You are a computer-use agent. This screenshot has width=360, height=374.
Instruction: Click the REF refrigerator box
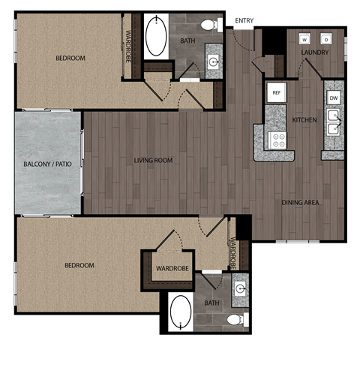(x=276, y=93)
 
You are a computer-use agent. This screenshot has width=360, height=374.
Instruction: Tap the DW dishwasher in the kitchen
(x=334, y=98)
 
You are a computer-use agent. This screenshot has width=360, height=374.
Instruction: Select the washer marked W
(x=305, y=39)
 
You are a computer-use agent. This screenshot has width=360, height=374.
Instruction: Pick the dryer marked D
(x=326, y=39)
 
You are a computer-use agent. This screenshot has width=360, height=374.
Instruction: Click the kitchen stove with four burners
(x=277, y=139)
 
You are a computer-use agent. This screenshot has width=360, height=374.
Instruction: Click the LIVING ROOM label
(x=153, y=160)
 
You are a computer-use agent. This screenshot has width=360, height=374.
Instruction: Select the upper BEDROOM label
(x=70, y=58)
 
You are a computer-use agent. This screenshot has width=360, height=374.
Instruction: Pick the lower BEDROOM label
(x=79, y=265)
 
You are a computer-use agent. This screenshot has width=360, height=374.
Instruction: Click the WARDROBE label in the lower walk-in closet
(x=171, y=268)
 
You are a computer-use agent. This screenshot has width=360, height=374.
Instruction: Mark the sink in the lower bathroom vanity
(x=240, y=289)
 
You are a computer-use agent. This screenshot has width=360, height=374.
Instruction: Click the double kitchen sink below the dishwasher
(x=334, y=123)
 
